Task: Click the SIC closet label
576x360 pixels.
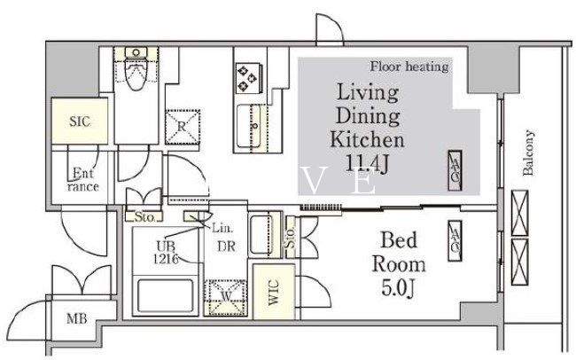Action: [80, 121]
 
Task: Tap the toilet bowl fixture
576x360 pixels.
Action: [136, 69]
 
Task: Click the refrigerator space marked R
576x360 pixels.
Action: [183, 127]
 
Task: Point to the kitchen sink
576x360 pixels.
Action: [250, 126]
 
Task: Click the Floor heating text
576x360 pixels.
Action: [409, 67]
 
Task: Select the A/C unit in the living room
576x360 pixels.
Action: [455, 170]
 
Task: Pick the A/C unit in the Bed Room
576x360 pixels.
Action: [455, 241]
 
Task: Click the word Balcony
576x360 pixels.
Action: [528, 153]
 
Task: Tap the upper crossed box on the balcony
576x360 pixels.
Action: [520, 213]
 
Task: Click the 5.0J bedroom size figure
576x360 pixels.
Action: [398, 287]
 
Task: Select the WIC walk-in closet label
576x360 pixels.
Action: [274, 293]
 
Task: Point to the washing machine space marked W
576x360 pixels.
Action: [226, 297]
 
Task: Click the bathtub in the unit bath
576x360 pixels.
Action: [166, 295]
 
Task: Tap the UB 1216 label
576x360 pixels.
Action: [166, 252]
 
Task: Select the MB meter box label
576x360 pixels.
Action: [77, 318]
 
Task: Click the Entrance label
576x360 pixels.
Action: [83, 179]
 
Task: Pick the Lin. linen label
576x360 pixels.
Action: [222, 229]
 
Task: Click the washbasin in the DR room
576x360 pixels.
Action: [261, 234]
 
